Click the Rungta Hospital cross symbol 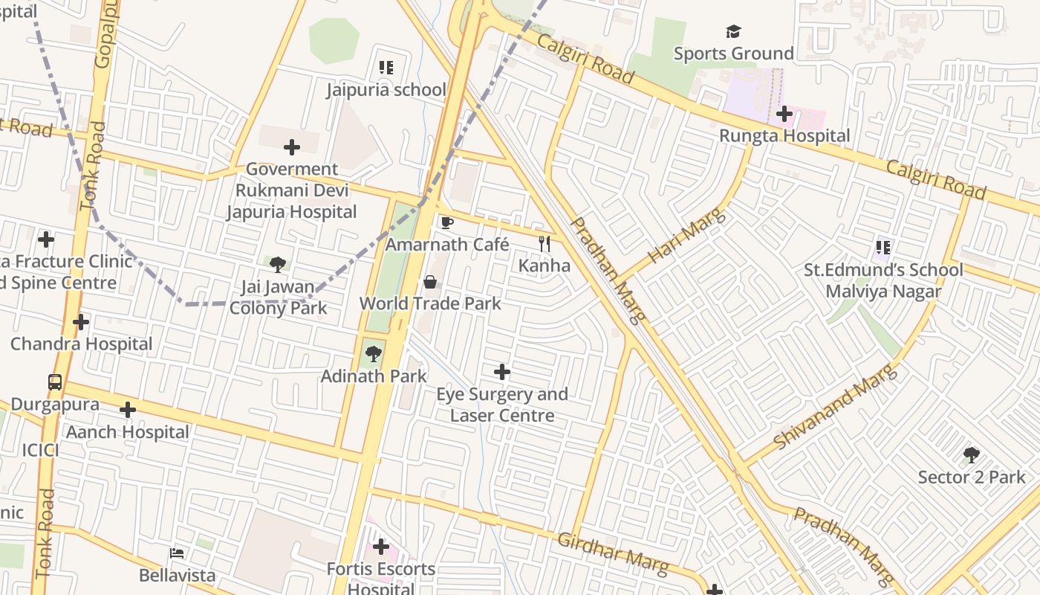784,114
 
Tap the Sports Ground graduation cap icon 733,31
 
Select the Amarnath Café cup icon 447,222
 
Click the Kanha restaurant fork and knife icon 545,243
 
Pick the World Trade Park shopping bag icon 430,282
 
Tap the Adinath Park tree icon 373,354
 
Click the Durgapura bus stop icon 55,382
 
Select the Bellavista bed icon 177,553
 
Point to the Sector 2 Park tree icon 971,455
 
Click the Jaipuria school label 386,90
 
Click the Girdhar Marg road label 613,553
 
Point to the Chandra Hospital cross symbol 81,322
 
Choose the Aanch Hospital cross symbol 128,410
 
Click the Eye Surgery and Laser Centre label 502,405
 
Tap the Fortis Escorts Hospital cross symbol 381,547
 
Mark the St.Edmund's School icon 883,247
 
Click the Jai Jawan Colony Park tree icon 278,264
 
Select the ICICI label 40,450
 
